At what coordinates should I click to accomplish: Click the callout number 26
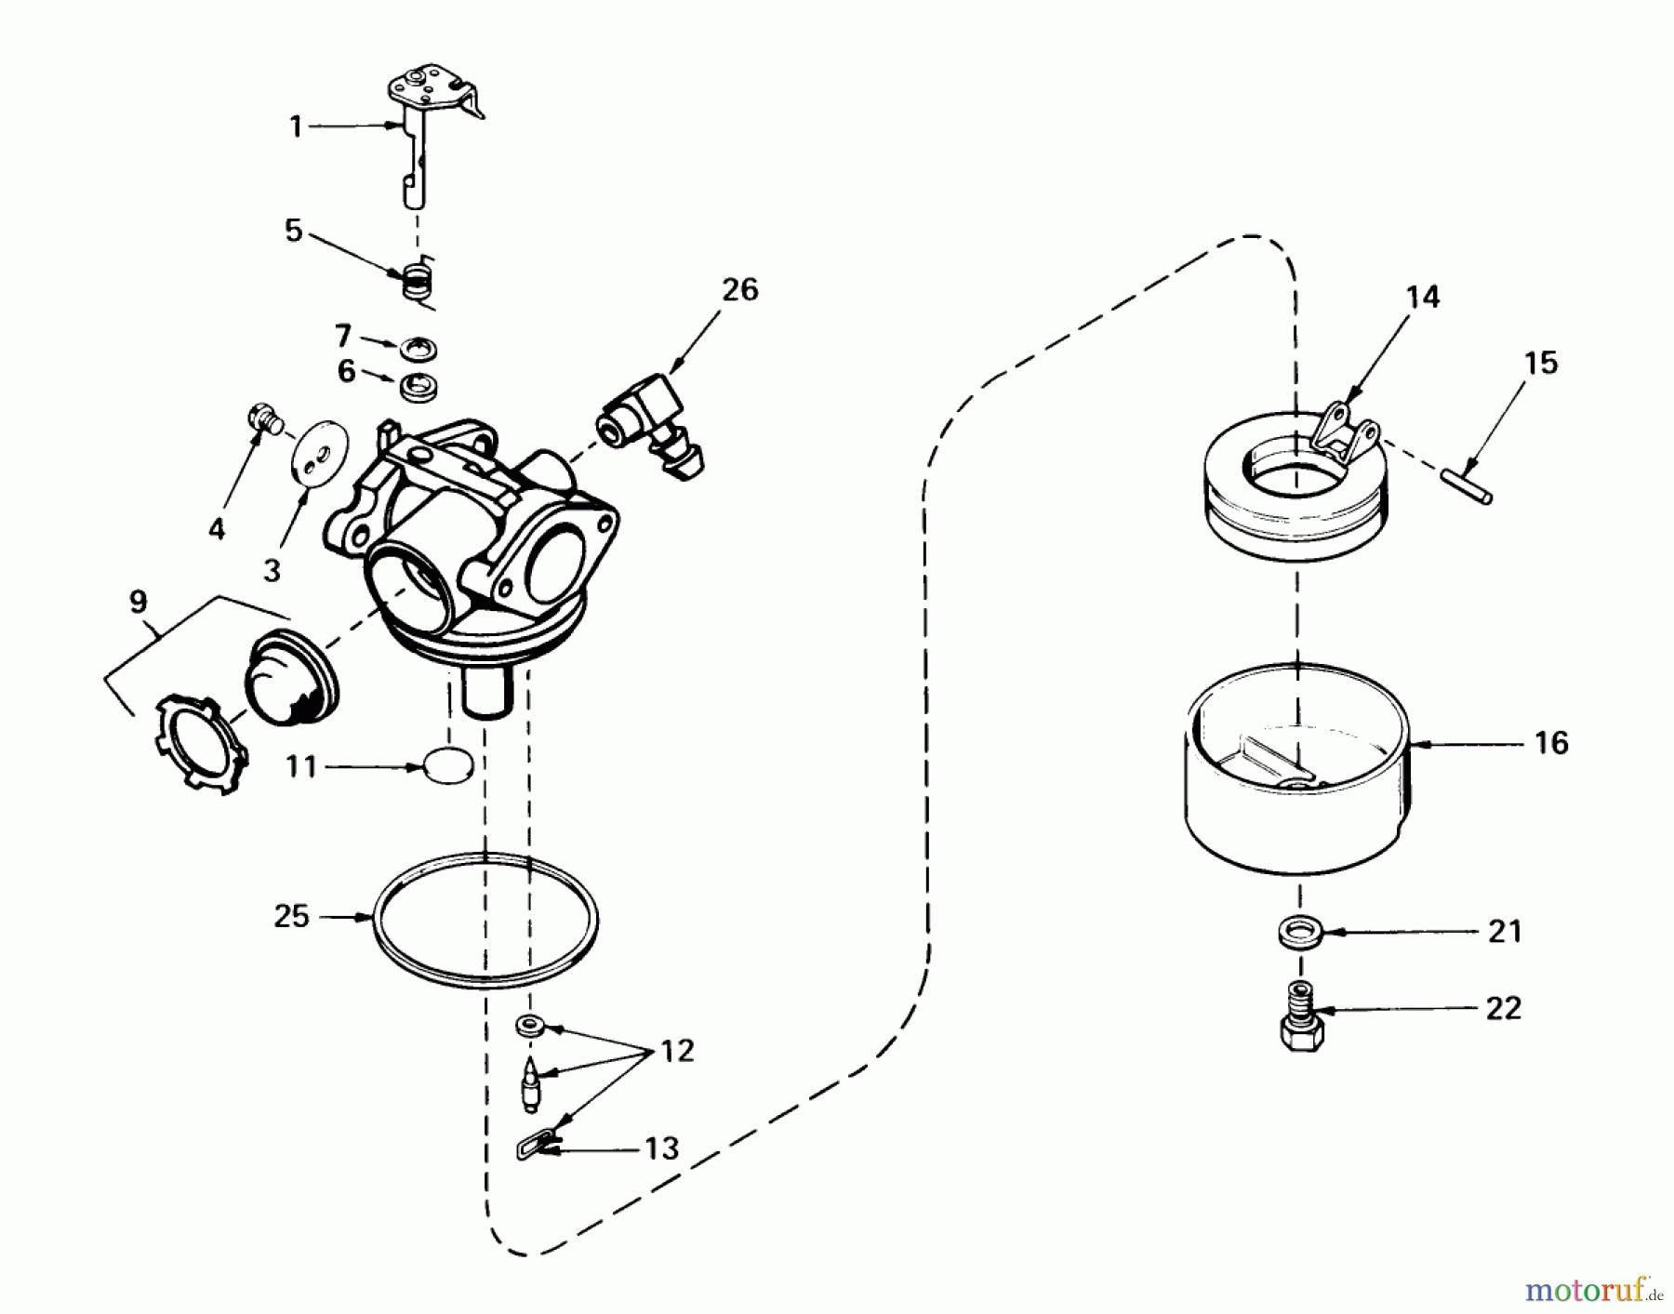739,290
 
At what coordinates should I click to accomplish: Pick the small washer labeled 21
1298,931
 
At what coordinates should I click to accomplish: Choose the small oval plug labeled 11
448,766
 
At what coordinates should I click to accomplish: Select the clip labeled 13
534,1146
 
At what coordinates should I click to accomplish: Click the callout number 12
677,1052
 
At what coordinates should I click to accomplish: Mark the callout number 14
1422,298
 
